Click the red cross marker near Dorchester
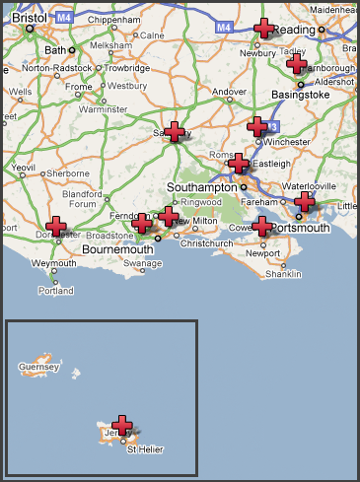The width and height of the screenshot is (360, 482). (57, 228)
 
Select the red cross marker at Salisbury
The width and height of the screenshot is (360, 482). (175, 131)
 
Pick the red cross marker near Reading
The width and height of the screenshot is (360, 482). (263, 29)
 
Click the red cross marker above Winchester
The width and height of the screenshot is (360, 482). (256, 126)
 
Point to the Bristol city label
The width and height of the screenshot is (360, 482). (30, 18)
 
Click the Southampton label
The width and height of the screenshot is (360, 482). (203, 185)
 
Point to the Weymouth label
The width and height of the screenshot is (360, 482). (52, 264)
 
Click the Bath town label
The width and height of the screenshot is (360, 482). (53, 50)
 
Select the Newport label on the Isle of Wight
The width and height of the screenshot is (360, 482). (262, 252)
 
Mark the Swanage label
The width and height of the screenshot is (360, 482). (143, 264)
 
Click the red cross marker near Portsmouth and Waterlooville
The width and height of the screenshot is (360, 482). (305, 202)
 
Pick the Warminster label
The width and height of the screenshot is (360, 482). (104, 108)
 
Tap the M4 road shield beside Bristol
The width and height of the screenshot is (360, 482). (64, 17)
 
